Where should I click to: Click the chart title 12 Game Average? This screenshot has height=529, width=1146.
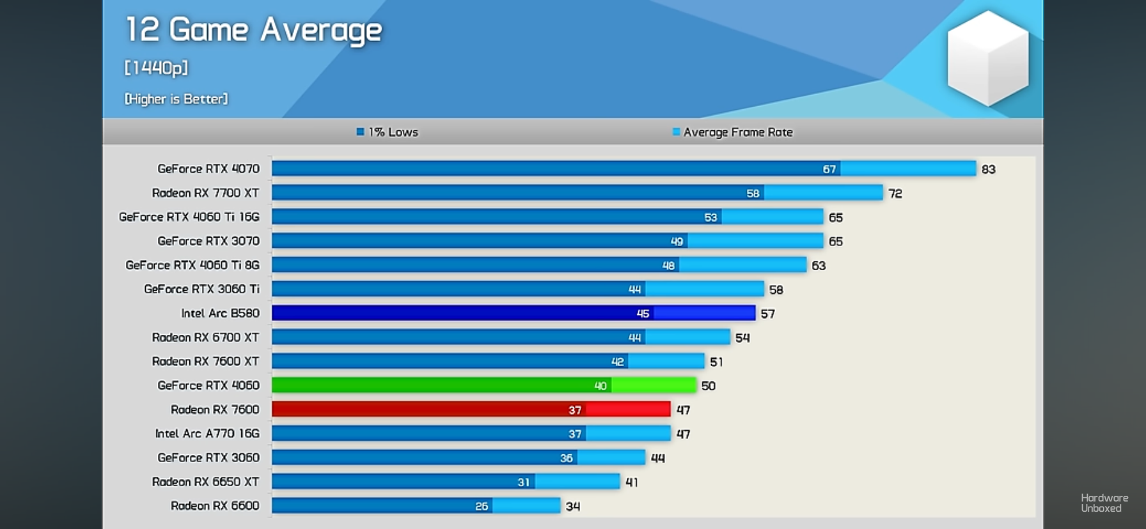coord(253,30)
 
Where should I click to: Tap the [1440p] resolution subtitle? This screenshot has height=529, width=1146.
coord(156,68)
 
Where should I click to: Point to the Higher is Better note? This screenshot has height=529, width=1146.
coord(176,99)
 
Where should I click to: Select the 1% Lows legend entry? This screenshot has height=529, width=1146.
coord(388,132)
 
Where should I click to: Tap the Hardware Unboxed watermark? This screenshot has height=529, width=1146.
coord(1104,503)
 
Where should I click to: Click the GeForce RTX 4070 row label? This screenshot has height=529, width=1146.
coord(208,169)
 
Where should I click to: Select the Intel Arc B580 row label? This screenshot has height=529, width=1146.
coord(220,313)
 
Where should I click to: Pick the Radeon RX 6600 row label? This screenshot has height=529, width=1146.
coord(215,506)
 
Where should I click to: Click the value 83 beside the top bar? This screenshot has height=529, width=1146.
coord(988,169)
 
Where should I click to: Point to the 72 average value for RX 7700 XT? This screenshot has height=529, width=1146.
coord(895,194)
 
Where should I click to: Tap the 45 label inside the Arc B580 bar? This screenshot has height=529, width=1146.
coord(643,314)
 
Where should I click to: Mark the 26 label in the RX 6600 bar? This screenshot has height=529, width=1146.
coord(482,507)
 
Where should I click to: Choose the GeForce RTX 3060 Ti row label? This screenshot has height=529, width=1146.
coord(201,289)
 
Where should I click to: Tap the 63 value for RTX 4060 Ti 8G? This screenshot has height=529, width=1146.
coord(818,266)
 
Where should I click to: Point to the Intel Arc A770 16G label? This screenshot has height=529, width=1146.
coord(207,434)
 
